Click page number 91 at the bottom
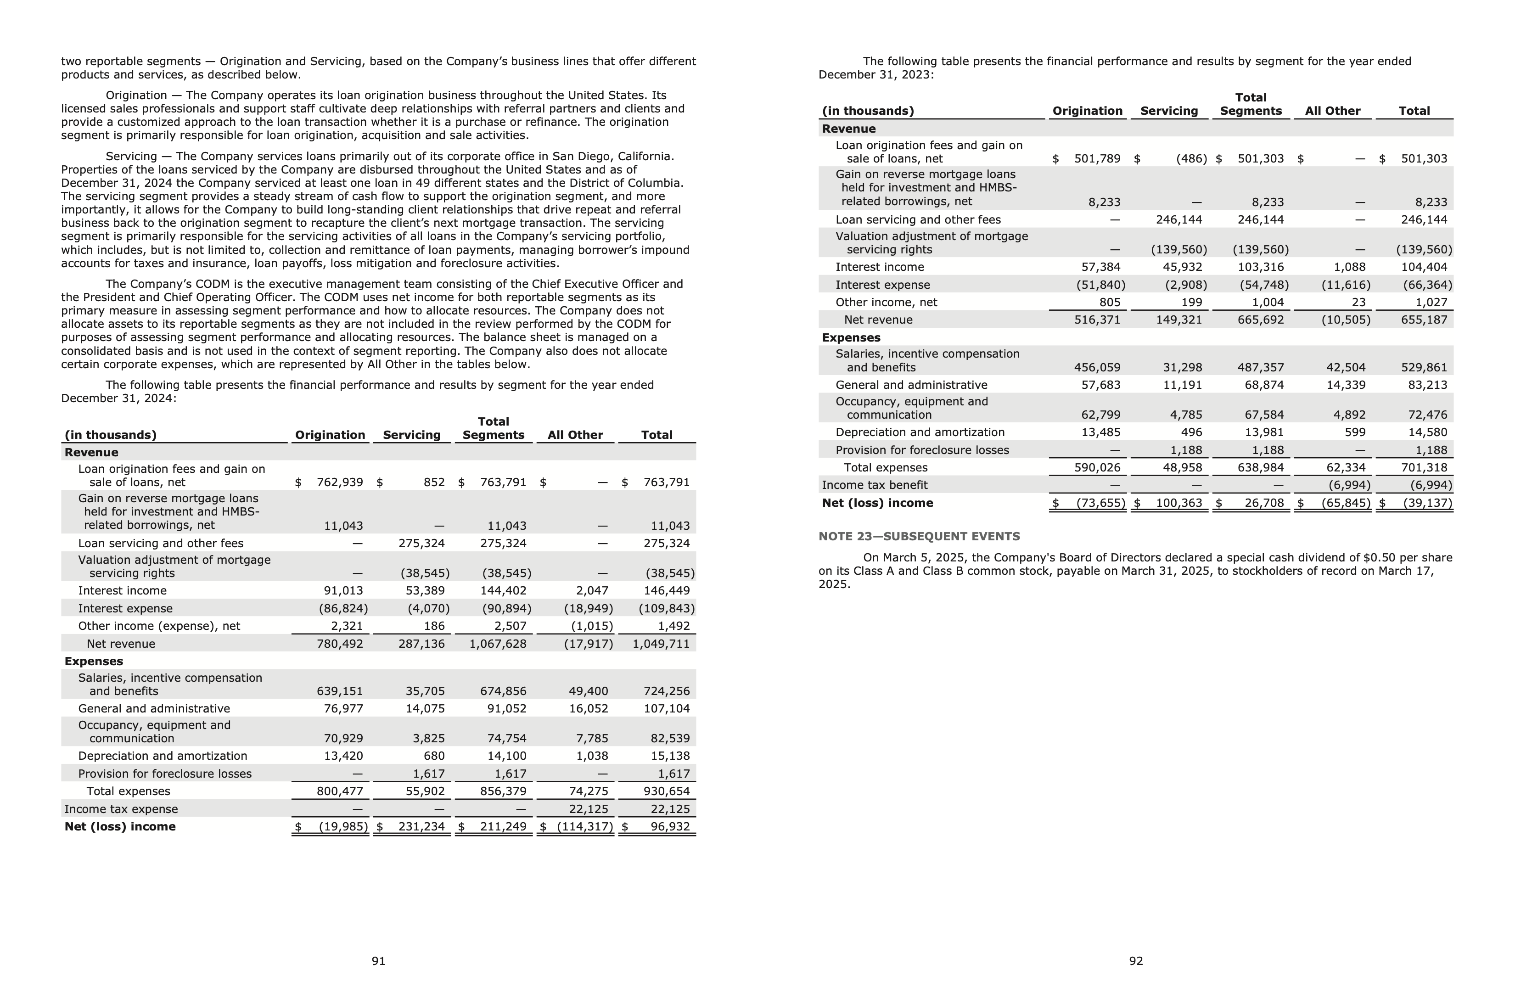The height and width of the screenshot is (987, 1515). (x=378, y=961)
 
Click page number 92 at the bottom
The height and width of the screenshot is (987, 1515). (x=1136, y=961)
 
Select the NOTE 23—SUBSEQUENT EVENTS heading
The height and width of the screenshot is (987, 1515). (x=919, y=537)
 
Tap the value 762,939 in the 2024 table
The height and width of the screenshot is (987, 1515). (x=339, y=482)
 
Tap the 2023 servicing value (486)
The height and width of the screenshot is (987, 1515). (x=1191, y=158)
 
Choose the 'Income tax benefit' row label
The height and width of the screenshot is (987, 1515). (x=874, y=485)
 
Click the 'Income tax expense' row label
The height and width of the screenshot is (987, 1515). (x=121, y=809)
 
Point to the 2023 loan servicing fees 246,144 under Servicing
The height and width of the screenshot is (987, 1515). (x=1179, y=219)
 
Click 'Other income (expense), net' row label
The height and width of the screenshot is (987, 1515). (x=159, y=626)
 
